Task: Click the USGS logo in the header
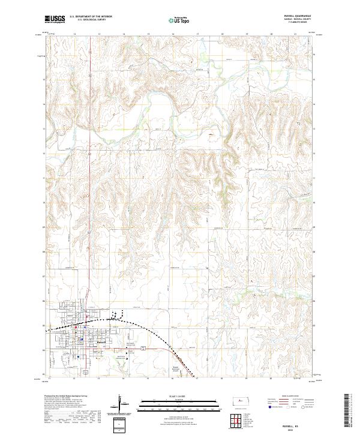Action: [x=55, y=20]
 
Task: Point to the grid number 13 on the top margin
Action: [x=74, y=35]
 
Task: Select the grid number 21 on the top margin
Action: [x=296, y=35]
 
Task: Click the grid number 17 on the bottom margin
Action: [x=197, y=379]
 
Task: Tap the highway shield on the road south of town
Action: [x=85, y=372]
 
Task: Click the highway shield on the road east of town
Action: [x=144, y=347]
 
